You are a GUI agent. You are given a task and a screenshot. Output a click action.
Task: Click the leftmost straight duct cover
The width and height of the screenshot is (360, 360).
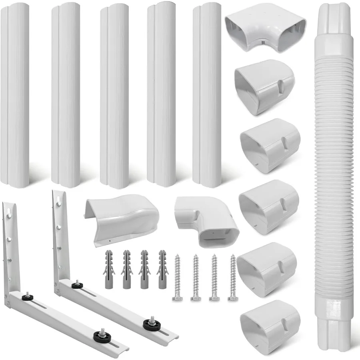coord(15,96)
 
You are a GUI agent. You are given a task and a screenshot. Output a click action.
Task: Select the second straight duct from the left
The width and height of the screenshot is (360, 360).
coord(66,96)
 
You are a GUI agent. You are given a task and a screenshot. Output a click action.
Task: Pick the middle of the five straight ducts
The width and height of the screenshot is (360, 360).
coord(114,96)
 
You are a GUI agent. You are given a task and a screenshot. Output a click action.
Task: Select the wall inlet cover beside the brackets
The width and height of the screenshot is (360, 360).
coord(120,218)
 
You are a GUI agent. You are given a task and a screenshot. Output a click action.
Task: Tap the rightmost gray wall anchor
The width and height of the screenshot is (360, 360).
coord(162,270)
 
